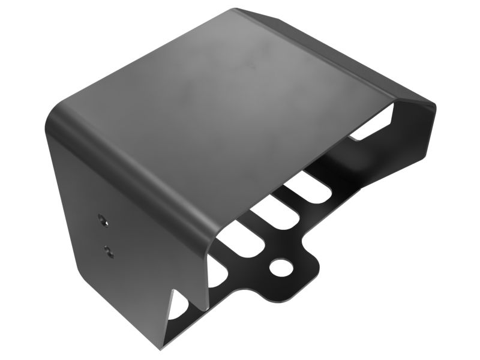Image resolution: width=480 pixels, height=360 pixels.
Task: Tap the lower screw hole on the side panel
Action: (x=107, y=249)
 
